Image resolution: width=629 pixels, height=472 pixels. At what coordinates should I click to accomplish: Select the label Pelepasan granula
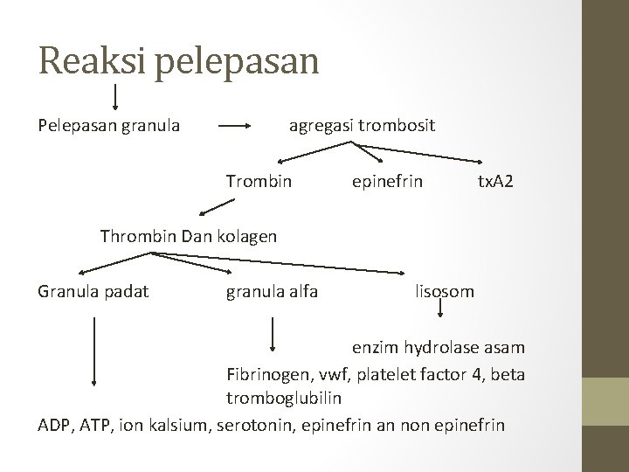pyautogui.click(x=109, y=126)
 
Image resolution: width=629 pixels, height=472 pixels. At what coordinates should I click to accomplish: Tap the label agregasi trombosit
pyautogui.click(x=362, y=126)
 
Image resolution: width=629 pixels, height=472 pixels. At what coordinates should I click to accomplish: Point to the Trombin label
pyautogui.click(x=259, y=182)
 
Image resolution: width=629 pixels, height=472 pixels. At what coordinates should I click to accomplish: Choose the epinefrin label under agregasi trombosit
pyautogui.click(x=387, y=182)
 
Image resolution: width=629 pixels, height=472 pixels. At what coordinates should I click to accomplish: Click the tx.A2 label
pyautogui.click(x=495, y=182)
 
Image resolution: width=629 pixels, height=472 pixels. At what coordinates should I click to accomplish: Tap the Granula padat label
pyautogui.click(x=93, y=290)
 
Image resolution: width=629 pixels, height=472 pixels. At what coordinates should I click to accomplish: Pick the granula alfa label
pyautogui.click(x=272, y=290)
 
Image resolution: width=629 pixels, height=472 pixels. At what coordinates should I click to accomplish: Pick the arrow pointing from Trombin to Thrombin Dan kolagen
pyautogui.click(x=217, y=208)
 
